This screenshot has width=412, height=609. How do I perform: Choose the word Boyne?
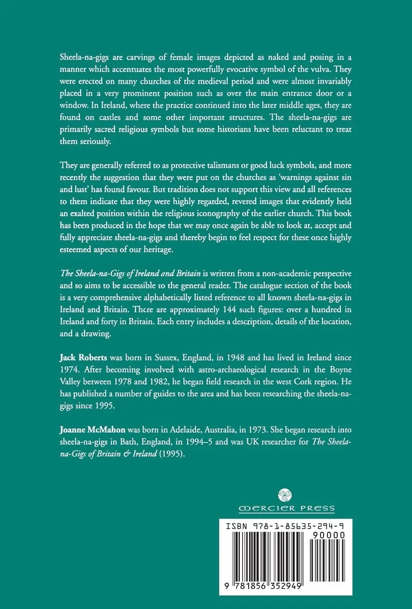(341, 369)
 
